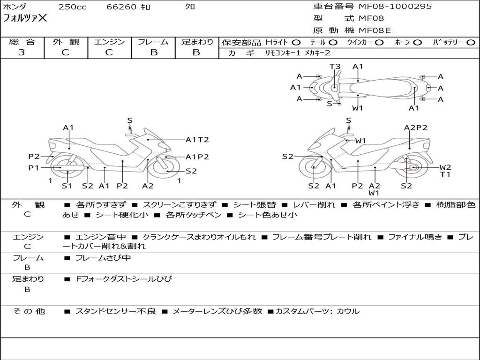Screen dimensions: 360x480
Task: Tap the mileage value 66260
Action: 121,7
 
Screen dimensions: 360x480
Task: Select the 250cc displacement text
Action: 72,7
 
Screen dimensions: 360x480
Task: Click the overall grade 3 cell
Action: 22,52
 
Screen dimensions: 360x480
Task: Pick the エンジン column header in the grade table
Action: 109,42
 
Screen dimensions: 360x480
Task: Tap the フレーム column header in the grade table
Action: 153,42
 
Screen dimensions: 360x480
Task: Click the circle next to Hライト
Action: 296,42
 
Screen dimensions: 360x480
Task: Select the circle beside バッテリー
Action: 471,42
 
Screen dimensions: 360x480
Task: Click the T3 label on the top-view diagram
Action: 335,67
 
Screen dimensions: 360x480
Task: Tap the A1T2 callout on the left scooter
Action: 197,139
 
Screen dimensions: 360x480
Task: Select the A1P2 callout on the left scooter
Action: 197,157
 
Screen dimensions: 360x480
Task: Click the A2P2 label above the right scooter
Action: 415,127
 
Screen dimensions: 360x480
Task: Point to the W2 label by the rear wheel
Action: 445,167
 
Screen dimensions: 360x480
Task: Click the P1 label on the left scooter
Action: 33,167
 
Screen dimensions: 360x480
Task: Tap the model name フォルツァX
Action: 25,18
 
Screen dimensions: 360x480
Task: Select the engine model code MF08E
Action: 375,30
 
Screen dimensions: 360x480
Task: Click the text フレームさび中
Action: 103,258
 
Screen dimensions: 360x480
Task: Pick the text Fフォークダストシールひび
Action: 124,279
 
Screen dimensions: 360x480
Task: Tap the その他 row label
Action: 29,311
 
